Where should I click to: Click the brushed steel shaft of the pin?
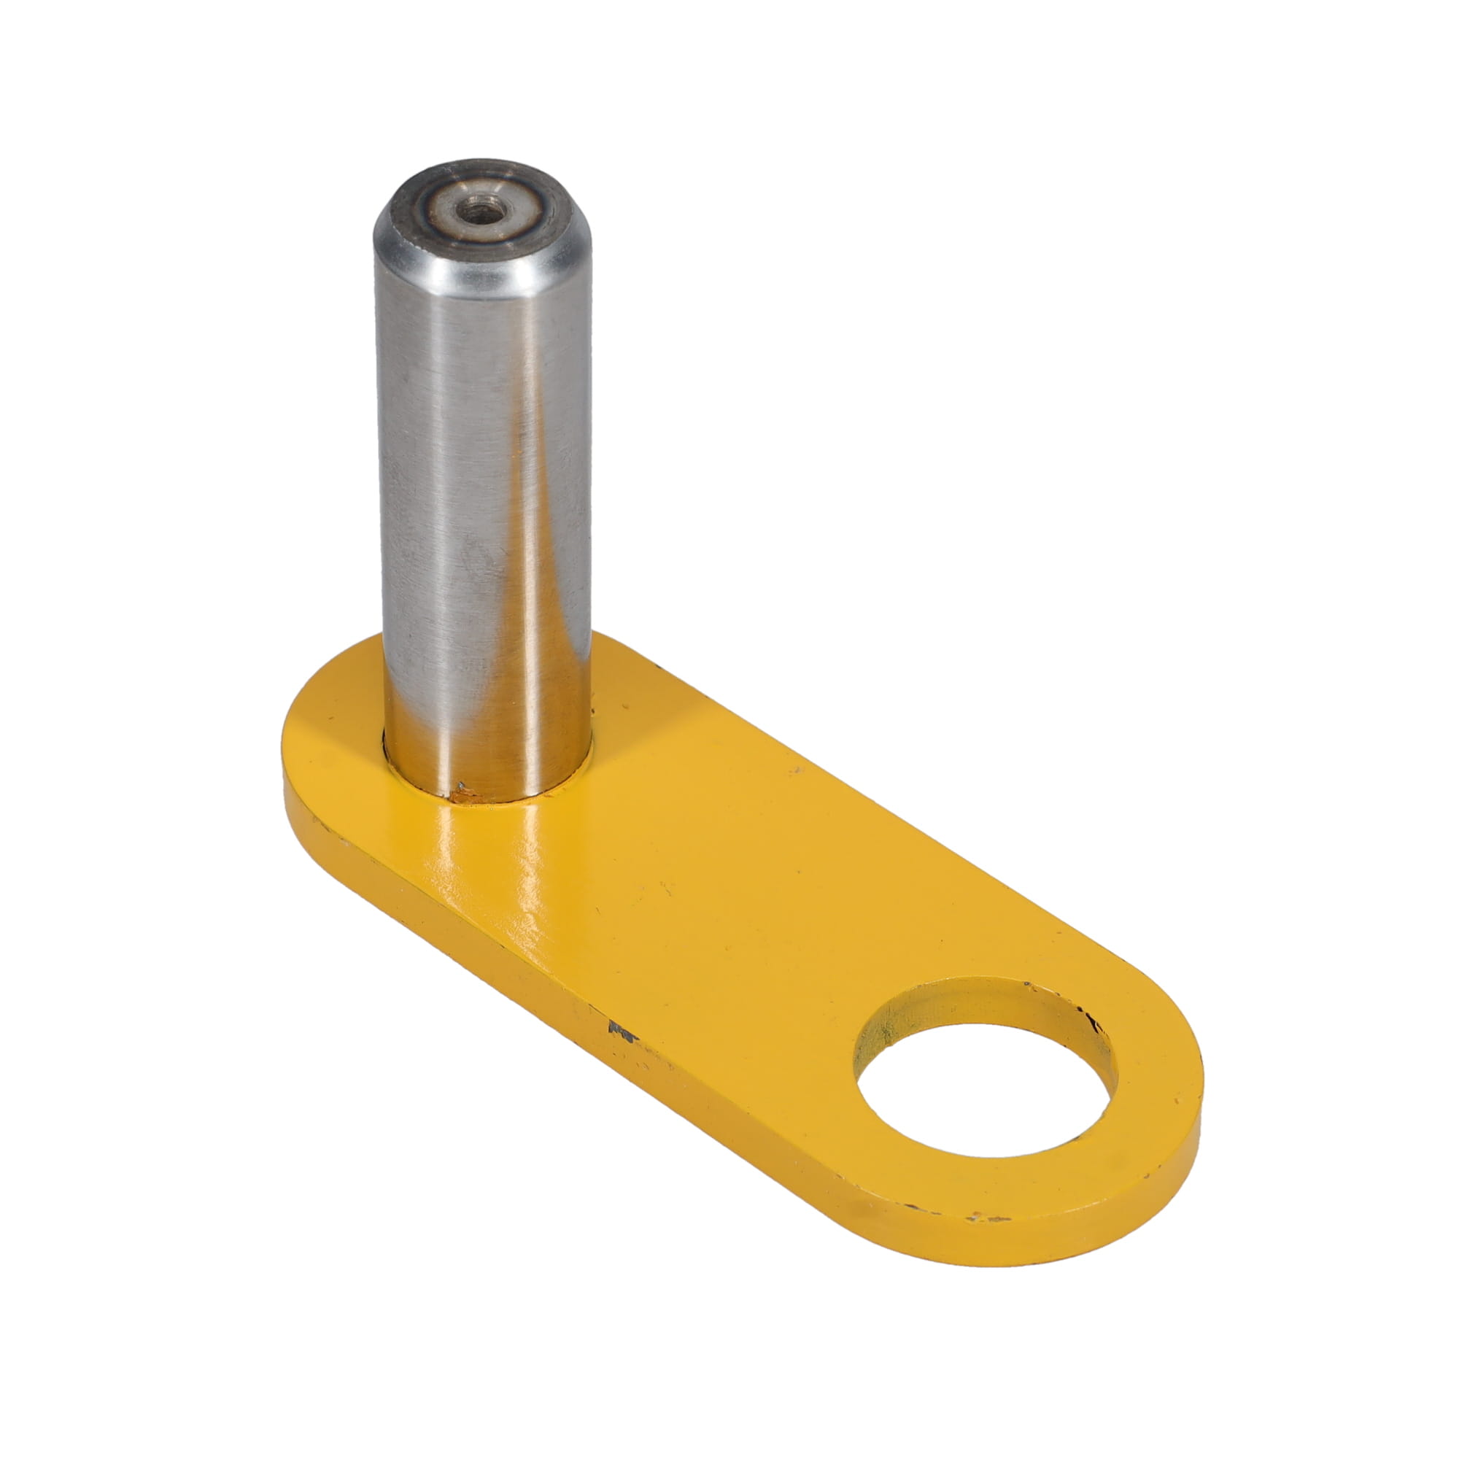(446, 491)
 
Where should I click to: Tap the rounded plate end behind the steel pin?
(325, 717)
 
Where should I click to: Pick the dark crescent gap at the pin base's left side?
(387, 755)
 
